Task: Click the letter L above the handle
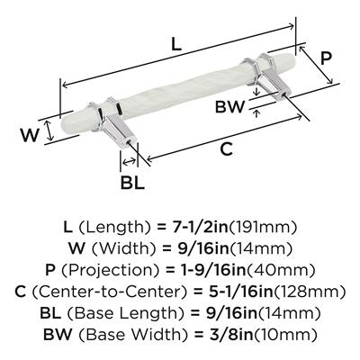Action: (176, 44)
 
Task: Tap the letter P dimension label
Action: (325, 58)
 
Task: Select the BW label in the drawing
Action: (229, 107)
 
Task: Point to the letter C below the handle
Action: (227, 149)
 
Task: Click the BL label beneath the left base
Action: (132, 182)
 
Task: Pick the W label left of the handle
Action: (30, 135)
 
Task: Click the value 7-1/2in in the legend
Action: (196, 228)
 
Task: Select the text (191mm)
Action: (263, 228)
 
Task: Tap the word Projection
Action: (111, 271)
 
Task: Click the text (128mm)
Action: (310, 292)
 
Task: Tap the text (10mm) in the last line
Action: (287, 335)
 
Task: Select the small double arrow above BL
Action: (129, 162)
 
